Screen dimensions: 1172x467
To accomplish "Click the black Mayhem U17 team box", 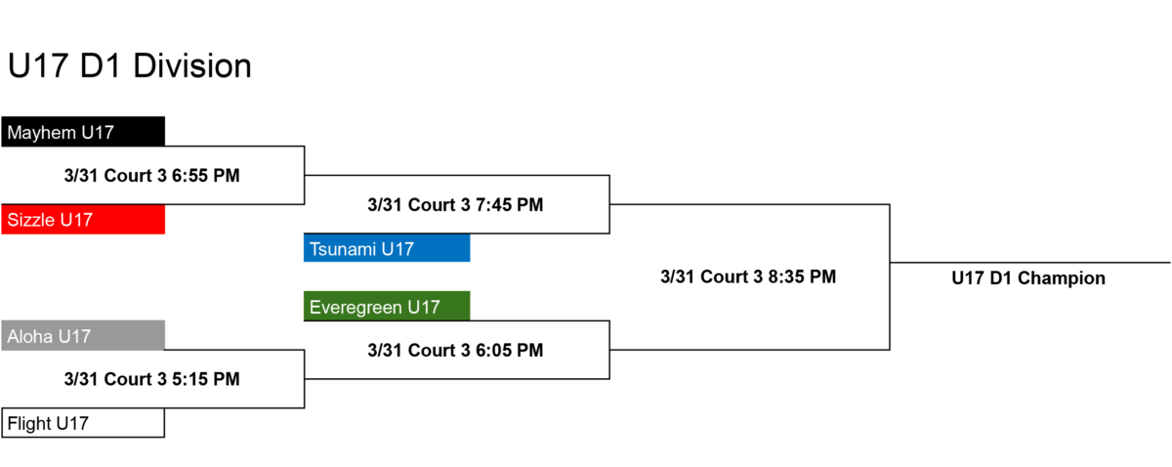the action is [x=83, y=132].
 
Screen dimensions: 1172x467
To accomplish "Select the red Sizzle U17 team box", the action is [x=83, y=220].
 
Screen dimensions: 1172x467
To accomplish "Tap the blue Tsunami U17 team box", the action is [x=387, y=248].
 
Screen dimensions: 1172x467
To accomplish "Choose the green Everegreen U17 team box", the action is [x=387, y=306].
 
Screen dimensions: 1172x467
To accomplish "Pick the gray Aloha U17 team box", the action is [x=83, y=335].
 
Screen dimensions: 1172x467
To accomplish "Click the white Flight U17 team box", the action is [x=83, y=423].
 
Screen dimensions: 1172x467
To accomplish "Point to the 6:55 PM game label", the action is [x=151, y=176].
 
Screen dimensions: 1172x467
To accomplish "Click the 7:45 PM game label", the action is [x=455, y=205].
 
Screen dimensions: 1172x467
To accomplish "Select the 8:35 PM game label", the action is [x=748, y=276].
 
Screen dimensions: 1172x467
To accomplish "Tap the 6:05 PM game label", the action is [x=455, y=350].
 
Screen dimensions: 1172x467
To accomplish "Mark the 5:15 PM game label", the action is [x=151, y=379].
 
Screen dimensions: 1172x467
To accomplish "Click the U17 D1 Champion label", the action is [x=1028, y=278].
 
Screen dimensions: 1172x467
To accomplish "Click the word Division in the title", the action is [x=192, y=66].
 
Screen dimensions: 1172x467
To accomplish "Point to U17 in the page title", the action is [x=38, y=66].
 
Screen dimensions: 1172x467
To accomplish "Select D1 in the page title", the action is [x=101, y=66].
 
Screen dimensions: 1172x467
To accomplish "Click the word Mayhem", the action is [x=41, y=133].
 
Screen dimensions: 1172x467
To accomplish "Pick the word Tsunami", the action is [x=343, y=249].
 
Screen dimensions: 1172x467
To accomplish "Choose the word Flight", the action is [x=29, y=424].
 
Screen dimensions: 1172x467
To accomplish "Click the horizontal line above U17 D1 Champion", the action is [x=1030, y=262].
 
